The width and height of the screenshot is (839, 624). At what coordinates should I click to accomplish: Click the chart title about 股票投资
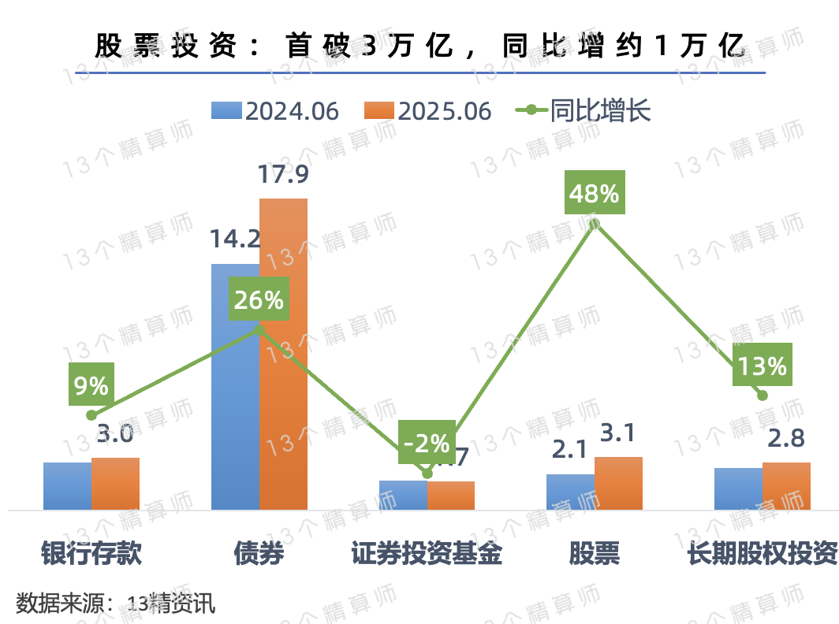tap(419, 46)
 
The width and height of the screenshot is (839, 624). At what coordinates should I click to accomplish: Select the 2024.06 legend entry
tap(276, 111)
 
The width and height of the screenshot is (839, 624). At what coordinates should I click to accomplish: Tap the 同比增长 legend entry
tap(584, 111)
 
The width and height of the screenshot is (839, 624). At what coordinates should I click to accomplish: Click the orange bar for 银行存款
tap(115, 483)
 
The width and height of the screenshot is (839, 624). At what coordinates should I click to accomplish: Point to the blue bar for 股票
tap(570, 492)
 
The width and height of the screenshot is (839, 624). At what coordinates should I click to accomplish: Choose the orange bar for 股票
tap(618, 483)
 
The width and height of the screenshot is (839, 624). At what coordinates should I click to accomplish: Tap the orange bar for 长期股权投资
tap(786, 485)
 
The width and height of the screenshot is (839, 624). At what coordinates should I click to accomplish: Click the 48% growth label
tap(595, 192)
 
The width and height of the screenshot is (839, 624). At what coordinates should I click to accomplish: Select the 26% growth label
tap(258, 299)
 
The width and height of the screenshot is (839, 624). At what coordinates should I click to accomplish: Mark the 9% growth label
tap(91, 385)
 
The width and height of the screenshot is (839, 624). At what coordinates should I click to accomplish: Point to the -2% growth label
tap(426, 443)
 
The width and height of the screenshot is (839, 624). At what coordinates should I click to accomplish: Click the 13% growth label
tap(762, 366)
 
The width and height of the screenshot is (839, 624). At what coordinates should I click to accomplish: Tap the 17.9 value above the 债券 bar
tap(283, 175)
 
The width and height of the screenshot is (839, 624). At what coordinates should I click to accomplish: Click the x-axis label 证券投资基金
tap(427, 554)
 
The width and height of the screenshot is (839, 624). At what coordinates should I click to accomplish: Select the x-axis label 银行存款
tap(91, 554)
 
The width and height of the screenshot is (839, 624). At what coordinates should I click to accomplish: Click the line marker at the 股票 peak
tap(595, 224)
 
